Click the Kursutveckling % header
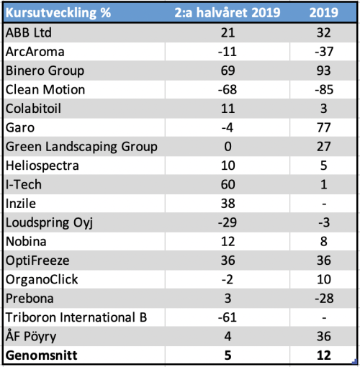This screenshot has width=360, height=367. click(x=58, y=12)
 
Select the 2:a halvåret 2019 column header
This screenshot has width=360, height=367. click(x=228, y=12)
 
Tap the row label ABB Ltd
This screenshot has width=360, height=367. click(x=29, y=32)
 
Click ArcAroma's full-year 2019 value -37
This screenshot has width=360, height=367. click(x=324, y=52)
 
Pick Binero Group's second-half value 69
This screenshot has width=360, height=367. click(x=228, y=71)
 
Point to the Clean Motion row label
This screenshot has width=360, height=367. click(x=45, y=90)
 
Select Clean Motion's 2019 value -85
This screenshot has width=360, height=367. click(x=324, y=90)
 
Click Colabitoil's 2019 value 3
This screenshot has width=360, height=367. click(x=324, y=109)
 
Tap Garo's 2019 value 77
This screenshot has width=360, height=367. click(x=324, y=127)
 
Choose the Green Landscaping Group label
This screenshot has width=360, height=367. click(x=81, y=147)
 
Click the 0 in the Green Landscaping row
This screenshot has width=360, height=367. click(x=228, y=147)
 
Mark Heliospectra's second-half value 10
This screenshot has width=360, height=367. click(x=228, y=166)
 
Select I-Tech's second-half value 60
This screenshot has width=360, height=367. click(x=228, y=184)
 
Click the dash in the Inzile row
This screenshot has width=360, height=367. click(x=324, y=204)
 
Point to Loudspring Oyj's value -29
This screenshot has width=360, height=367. click(x=228, y=222)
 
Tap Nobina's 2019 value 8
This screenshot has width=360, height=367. click(x=324, y=242)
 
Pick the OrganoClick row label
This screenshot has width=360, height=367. click(x=42, y=279)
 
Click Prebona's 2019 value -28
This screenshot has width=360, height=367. click(x=324, y=299)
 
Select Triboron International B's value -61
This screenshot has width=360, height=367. click(x=228, y=317)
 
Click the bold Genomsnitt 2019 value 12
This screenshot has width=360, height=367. click(x=324, y=355)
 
